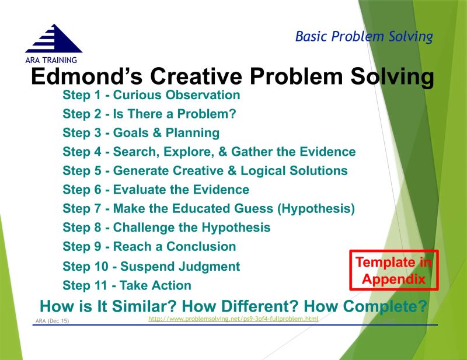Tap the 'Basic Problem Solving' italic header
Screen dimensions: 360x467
tap(364, 37)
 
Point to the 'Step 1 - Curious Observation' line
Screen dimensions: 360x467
tap(151, 95)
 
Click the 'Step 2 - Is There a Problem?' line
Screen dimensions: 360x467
tap(149, 114)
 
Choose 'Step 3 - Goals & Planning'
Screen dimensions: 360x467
tap(141, 133)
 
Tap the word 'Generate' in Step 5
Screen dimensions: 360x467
tap(141, 171)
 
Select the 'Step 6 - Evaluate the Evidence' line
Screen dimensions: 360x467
tap(156, 190)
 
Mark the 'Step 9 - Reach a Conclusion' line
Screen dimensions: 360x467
tap(149, 246)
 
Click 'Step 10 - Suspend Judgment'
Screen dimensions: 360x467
tap(151, 267)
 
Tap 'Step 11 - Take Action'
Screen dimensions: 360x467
tap(127, 285)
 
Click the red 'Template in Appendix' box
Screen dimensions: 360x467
tap(393, 270)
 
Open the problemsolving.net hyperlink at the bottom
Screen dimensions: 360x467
tap(233, 319)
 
